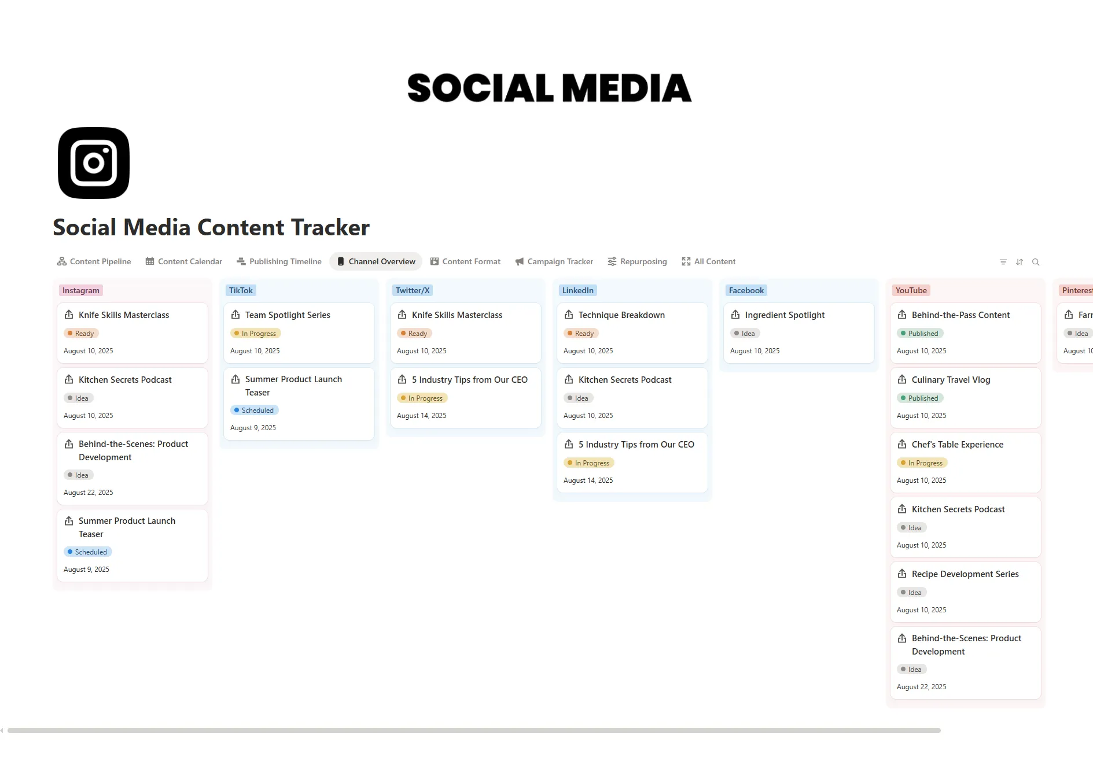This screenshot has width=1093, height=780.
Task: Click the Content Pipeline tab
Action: click(94, 261)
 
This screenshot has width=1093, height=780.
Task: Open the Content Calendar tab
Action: click(184, 261)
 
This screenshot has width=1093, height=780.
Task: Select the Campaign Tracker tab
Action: click(554, 261)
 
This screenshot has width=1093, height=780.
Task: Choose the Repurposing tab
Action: click(637, 261)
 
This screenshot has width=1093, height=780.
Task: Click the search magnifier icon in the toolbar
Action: click(1036, 262)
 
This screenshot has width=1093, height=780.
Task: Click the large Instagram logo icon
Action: click(94, 163)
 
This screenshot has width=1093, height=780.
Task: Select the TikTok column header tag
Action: click(241, 290)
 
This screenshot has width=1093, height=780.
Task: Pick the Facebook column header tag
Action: click(746, 290)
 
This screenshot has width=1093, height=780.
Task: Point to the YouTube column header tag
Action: click(911, 290)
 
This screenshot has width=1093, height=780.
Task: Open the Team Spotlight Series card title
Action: click(288, 315)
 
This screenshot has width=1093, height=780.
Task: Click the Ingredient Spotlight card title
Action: click(785, 315)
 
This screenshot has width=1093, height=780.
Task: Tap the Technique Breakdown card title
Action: click(621, 315)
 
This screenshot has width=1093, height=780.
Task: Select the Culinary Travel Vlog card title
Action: click(951, 380)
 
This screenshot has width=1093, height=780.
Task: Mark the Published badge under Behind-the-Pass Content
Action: click(920, 334)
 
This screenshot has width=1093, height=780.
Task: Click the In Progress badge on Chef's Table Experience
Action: click(922, 463)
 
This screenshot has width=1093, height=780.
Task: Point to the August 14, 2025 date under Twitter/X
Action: click(421, 416)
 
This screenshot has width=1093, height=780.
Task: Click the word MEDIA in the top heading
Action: click(626, 88)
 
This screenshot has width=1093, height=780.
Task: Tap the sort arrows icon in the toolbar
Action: click(1020, 262)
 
